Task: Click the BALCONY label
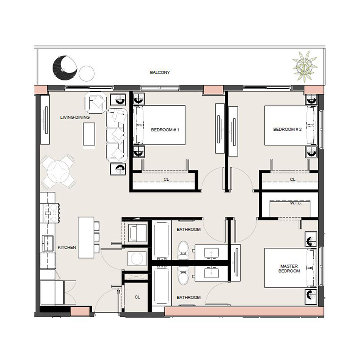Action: tap(160, 72)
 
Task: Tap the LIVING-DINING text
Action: tap(75, 117)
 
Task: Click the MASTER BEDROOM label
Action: tap(289, 268)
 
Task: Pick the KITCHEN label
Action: tap(67, 248)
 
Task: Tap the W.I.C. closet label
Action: tap(296, 203)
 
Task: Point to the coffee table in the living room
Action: tap(89, 135)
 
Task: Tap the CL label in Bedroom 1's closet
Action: tap(166, 180)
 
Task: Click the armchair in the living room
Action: tap(96, 102)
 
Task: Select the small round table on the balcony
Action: tap(87, 73)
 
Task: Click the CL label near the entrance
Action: tap(137, 297)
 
